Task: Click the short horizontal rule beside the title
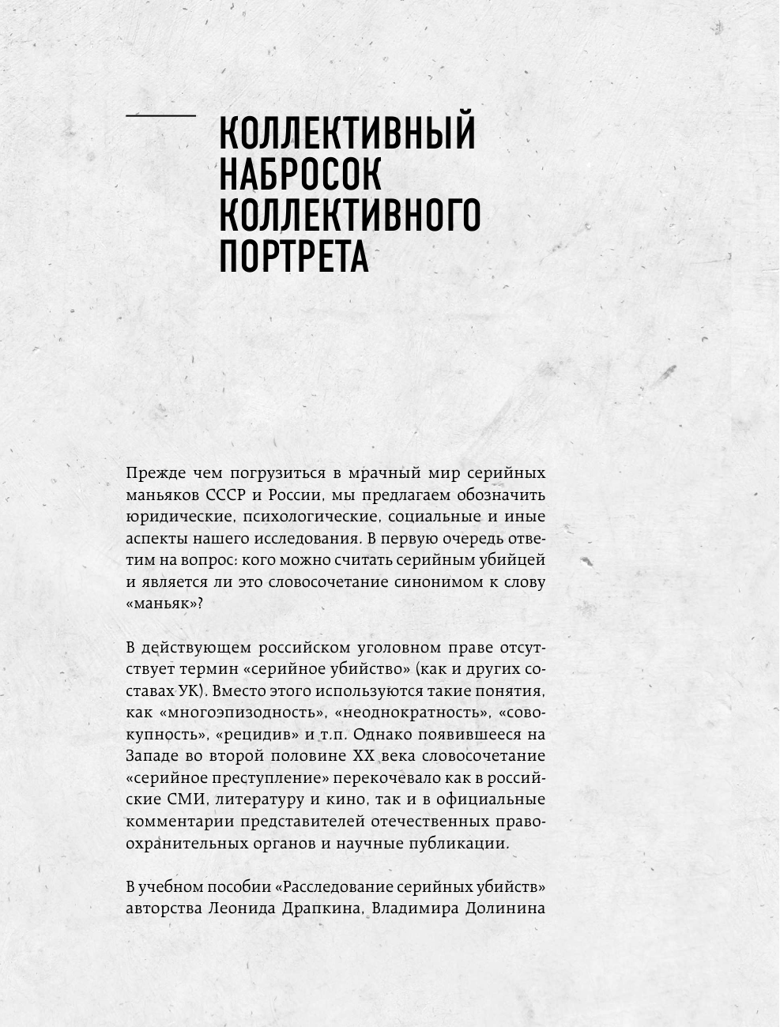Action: click(160, 115)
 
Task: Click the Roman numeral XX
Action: click(365, 754)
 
